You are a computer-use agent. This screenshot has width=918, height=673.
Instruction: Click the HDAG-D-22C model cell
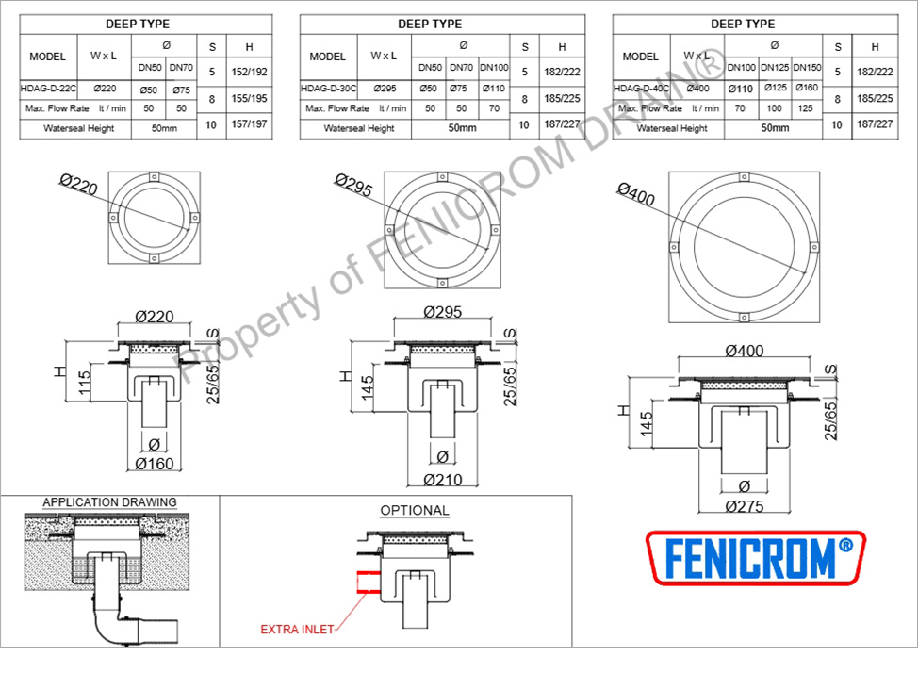pos(48,89)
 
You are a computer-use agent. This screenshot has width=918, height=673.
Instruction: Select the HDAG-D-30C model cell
pos(328,89)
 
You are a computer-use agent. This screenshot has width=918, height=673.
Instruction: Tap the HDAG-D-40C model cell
pos(641,89)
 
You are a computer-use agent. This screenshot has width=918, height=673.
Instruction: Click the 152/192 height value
pos(249,72)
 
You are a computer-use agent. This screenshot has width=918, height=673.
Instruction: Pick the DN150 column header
pos(807,68)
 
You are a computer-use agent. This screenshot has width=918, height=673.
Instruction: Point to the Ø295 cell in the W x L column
pos(385,89)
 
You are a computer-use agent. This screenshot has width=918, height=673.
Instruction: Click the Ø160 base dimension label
pos(154,464)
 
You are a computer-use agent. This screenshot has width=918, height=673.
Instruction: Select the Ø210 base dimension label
pos(443,481)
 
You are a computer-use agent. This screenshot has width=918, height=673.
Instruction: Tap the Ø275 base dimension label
pos(745,507)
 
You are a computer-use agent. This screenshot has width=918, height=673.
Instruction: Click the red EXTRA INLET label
pos(297,630)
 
